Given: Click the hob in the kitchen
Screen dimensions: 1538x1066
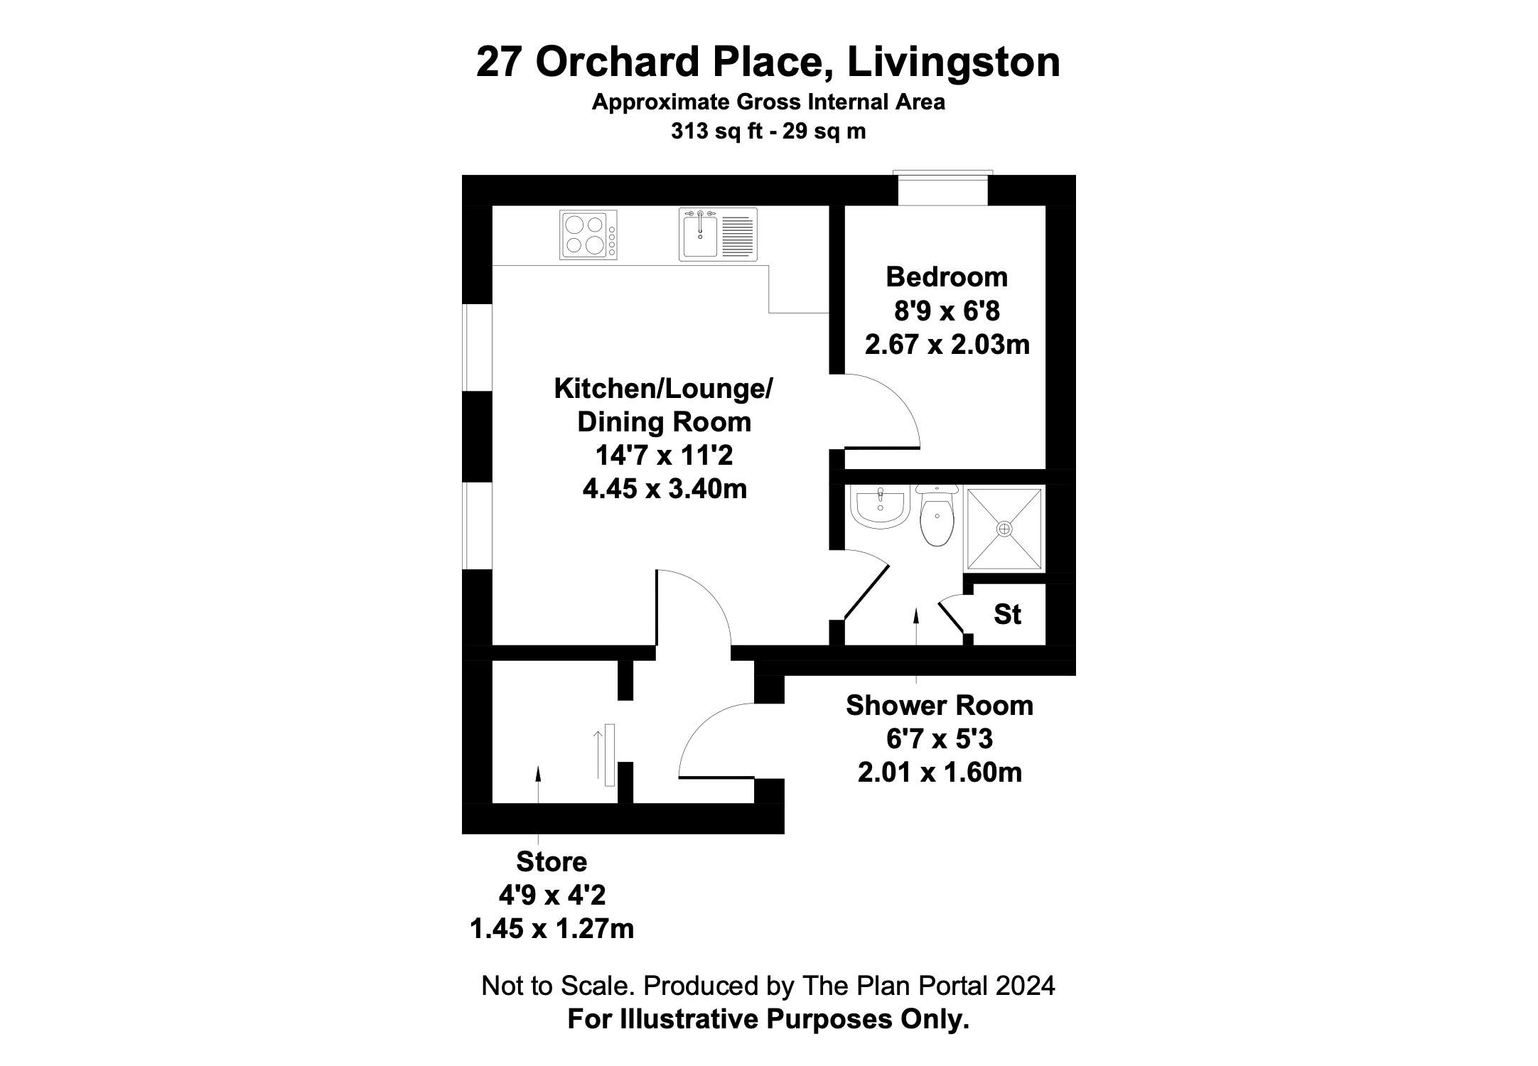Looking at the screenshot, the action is click(x=588, y=235).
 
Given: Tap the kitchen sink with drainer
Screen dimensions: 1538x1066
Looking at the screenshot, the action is click(x=718, y=234).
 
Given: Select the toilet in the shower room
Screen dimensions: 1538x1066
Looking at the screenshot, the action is click(x=937, y=515).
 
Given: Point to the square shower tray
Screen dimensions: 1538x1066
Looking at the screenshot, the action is click(x=1004, y=529).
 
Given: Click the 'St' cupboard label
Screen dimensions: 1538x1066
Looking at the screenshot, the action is click(x=1007, y=615).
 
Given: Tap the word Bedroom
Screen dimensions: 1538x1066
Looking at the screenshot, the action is click(x=947, y=276).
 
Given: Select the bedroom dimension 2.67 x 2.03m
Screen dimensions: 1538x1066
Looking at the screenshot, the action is click(x=947, y=345).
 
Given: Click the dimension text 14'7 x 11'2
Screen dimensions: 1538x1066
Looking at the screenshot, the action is click(x=664, y=455).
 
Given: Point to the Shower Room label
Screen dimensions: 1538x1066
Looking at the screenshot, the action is click(x=940, y=706).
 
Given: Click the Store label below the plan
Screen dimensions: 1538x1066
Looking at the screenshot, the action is click(x=552, y=861).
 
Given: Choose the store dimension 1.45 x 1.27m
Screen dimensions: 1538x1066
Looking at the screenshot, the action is click(x=552, y=929).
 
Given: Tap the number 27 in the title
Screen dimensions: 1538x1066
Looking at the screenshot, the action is click(x=499, y=62).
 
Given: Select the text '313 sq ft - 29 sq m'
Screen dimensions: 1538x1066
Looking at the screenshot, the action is click(x=768, y=131).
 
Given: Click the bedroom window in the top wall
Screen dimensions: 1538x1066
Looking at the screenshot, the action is click(x=943, y=188).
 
